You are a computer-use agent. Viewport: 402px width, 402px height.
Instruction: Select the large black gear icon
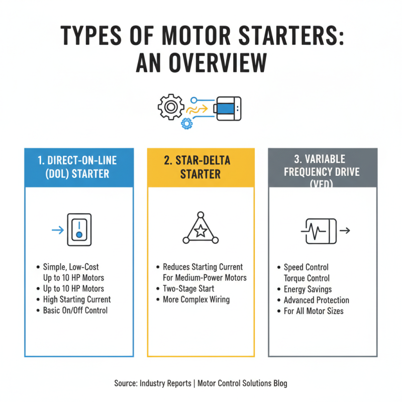(x=169, y=106)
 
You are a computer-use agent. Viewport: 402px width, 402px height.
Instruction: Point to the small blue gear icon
(x=186, y=122)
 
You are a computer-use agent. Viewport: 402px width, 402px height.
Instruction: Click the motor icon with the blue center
(x=228, y=108)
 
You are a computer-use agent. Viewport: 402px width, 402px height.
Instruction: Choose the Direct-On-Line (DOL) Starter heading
(x=79, y=167)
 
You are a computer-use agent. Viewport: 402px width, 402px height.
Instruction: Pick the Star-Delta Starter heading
(x=200, y=167)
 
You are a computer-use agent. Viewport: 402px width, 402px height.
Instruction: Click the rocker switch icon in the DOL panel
(x=79, y=231)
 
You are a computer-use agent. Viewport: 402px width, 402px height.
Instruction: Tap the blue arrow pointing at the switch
(x=57, y=231)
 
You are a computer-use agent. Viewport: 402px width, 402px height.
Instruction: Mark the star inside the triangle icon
(x=200, y=231)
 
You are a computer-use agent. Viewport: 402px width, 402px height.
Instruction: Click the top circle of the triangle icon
(x=200, y=214)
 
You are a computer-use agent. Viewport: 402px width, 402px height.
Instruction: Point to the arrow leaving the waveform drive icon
(x=345, y=231)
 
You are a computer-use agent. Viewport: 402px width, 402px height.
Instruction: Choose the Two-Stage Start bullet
(x=188, y=288)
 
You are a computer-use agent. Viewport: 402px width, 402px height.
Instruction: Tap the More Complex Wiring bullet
(x=196, y=299)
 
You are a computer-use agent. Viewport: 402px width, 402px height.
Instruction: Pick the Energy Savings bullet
(x=308, y=289)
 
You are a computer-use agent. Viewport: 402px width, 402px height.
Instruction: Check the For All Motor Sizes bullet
(x=314, y=311)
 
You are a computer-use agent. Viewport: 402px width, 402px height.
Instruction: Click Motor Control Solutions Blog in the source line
(x=242, y=383)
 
